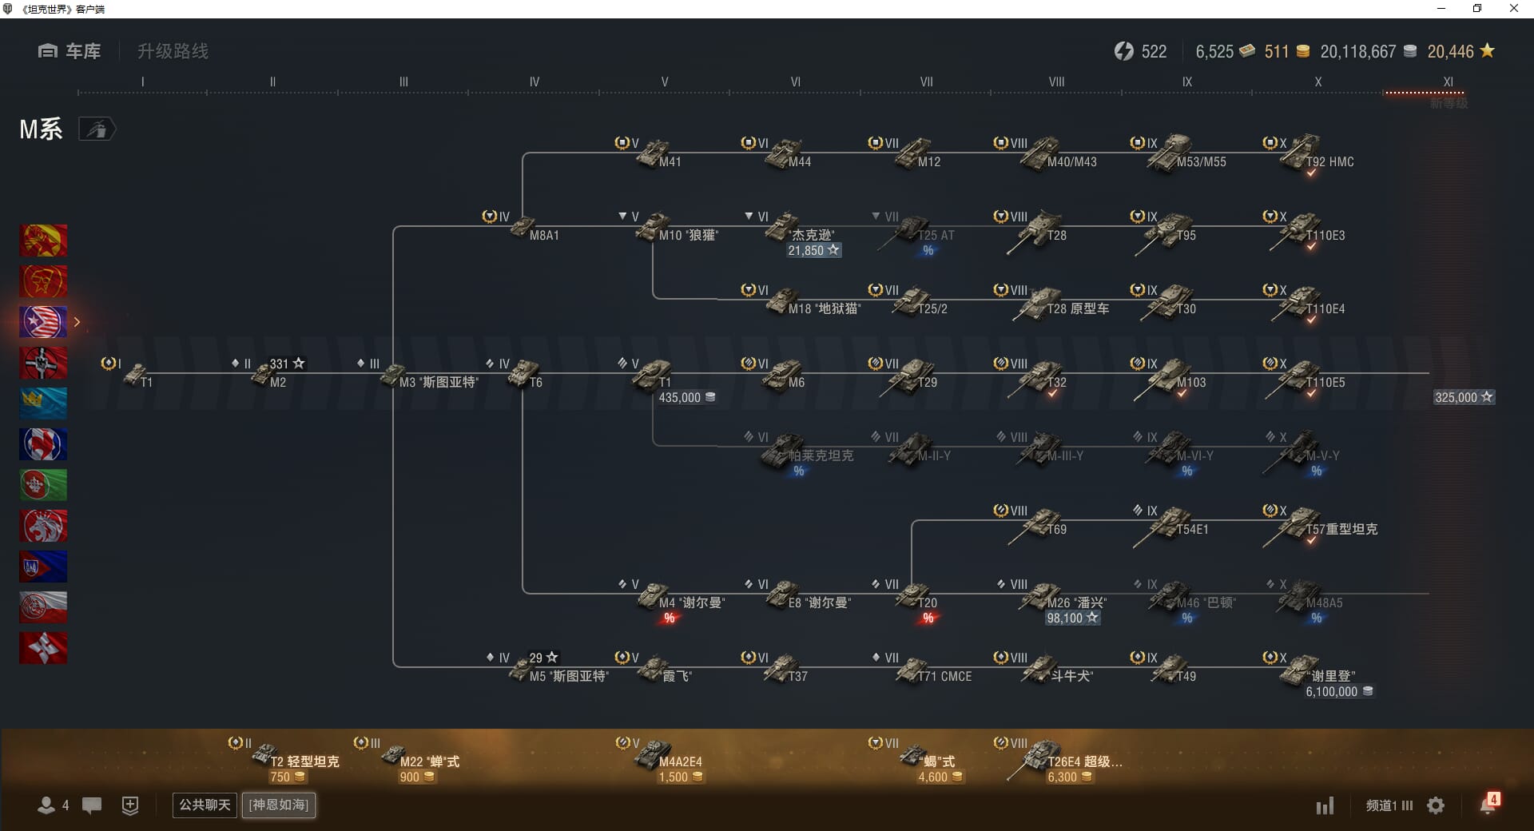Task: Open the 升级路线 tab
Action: (x=173, y=51)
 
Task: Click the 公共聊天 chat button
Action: (x=205, y=805)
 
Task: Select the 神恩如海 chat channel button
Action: (x=279, y=805)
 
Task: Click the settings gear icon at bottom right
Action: (x=1436, y=805)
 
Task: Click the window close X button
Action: (x=1513, y=9)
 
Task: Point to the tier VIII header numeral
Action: (x=1056, y=82)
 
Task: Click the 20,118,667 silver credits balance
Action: (x=1358, y=52)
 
